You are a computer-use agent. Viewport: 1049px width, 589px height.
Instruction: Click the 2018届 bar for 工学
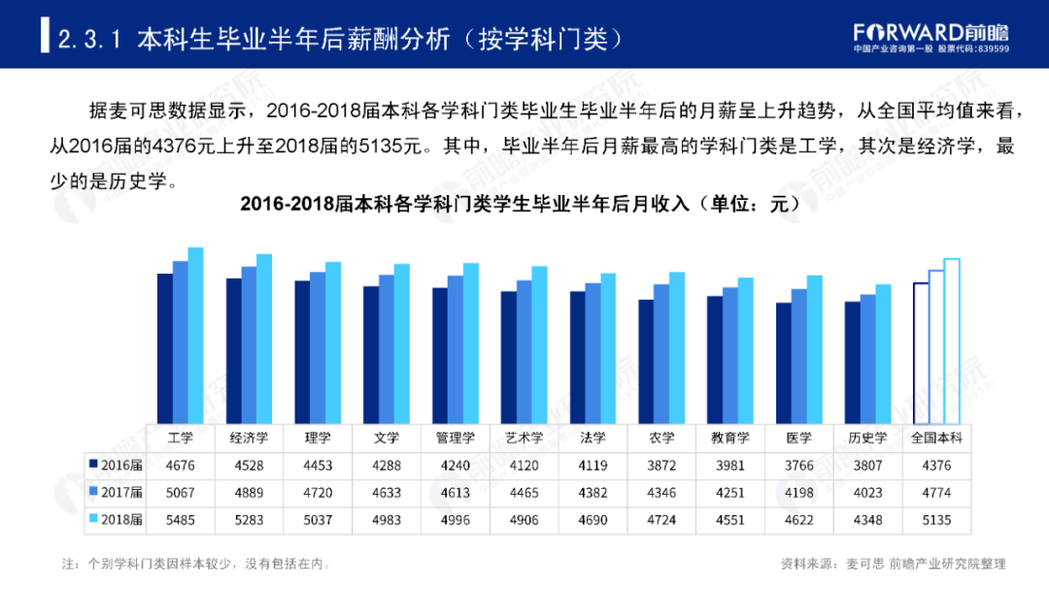195,335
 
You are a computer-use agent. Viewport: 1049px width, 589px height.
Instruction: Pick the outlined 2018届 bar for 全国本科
951,340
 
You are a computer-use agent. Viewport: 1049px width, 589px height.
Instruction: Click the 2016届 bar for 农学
646,360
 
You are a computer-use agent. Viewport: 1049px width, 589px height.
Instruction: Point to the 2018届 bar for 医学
814,348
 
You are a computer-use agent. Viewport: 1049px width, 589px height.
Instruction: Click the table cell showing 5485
180,519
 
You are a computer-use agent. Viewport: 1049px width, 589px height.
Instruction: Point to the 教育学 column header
729,438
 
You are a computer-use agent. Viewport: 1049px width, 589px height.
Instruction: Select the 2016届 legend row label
116,465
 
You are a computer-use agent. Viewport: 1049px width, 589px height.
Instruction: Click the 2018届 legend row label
116,519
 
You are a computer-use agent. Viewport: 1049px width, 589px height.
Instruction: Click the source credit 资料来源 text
893,563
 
